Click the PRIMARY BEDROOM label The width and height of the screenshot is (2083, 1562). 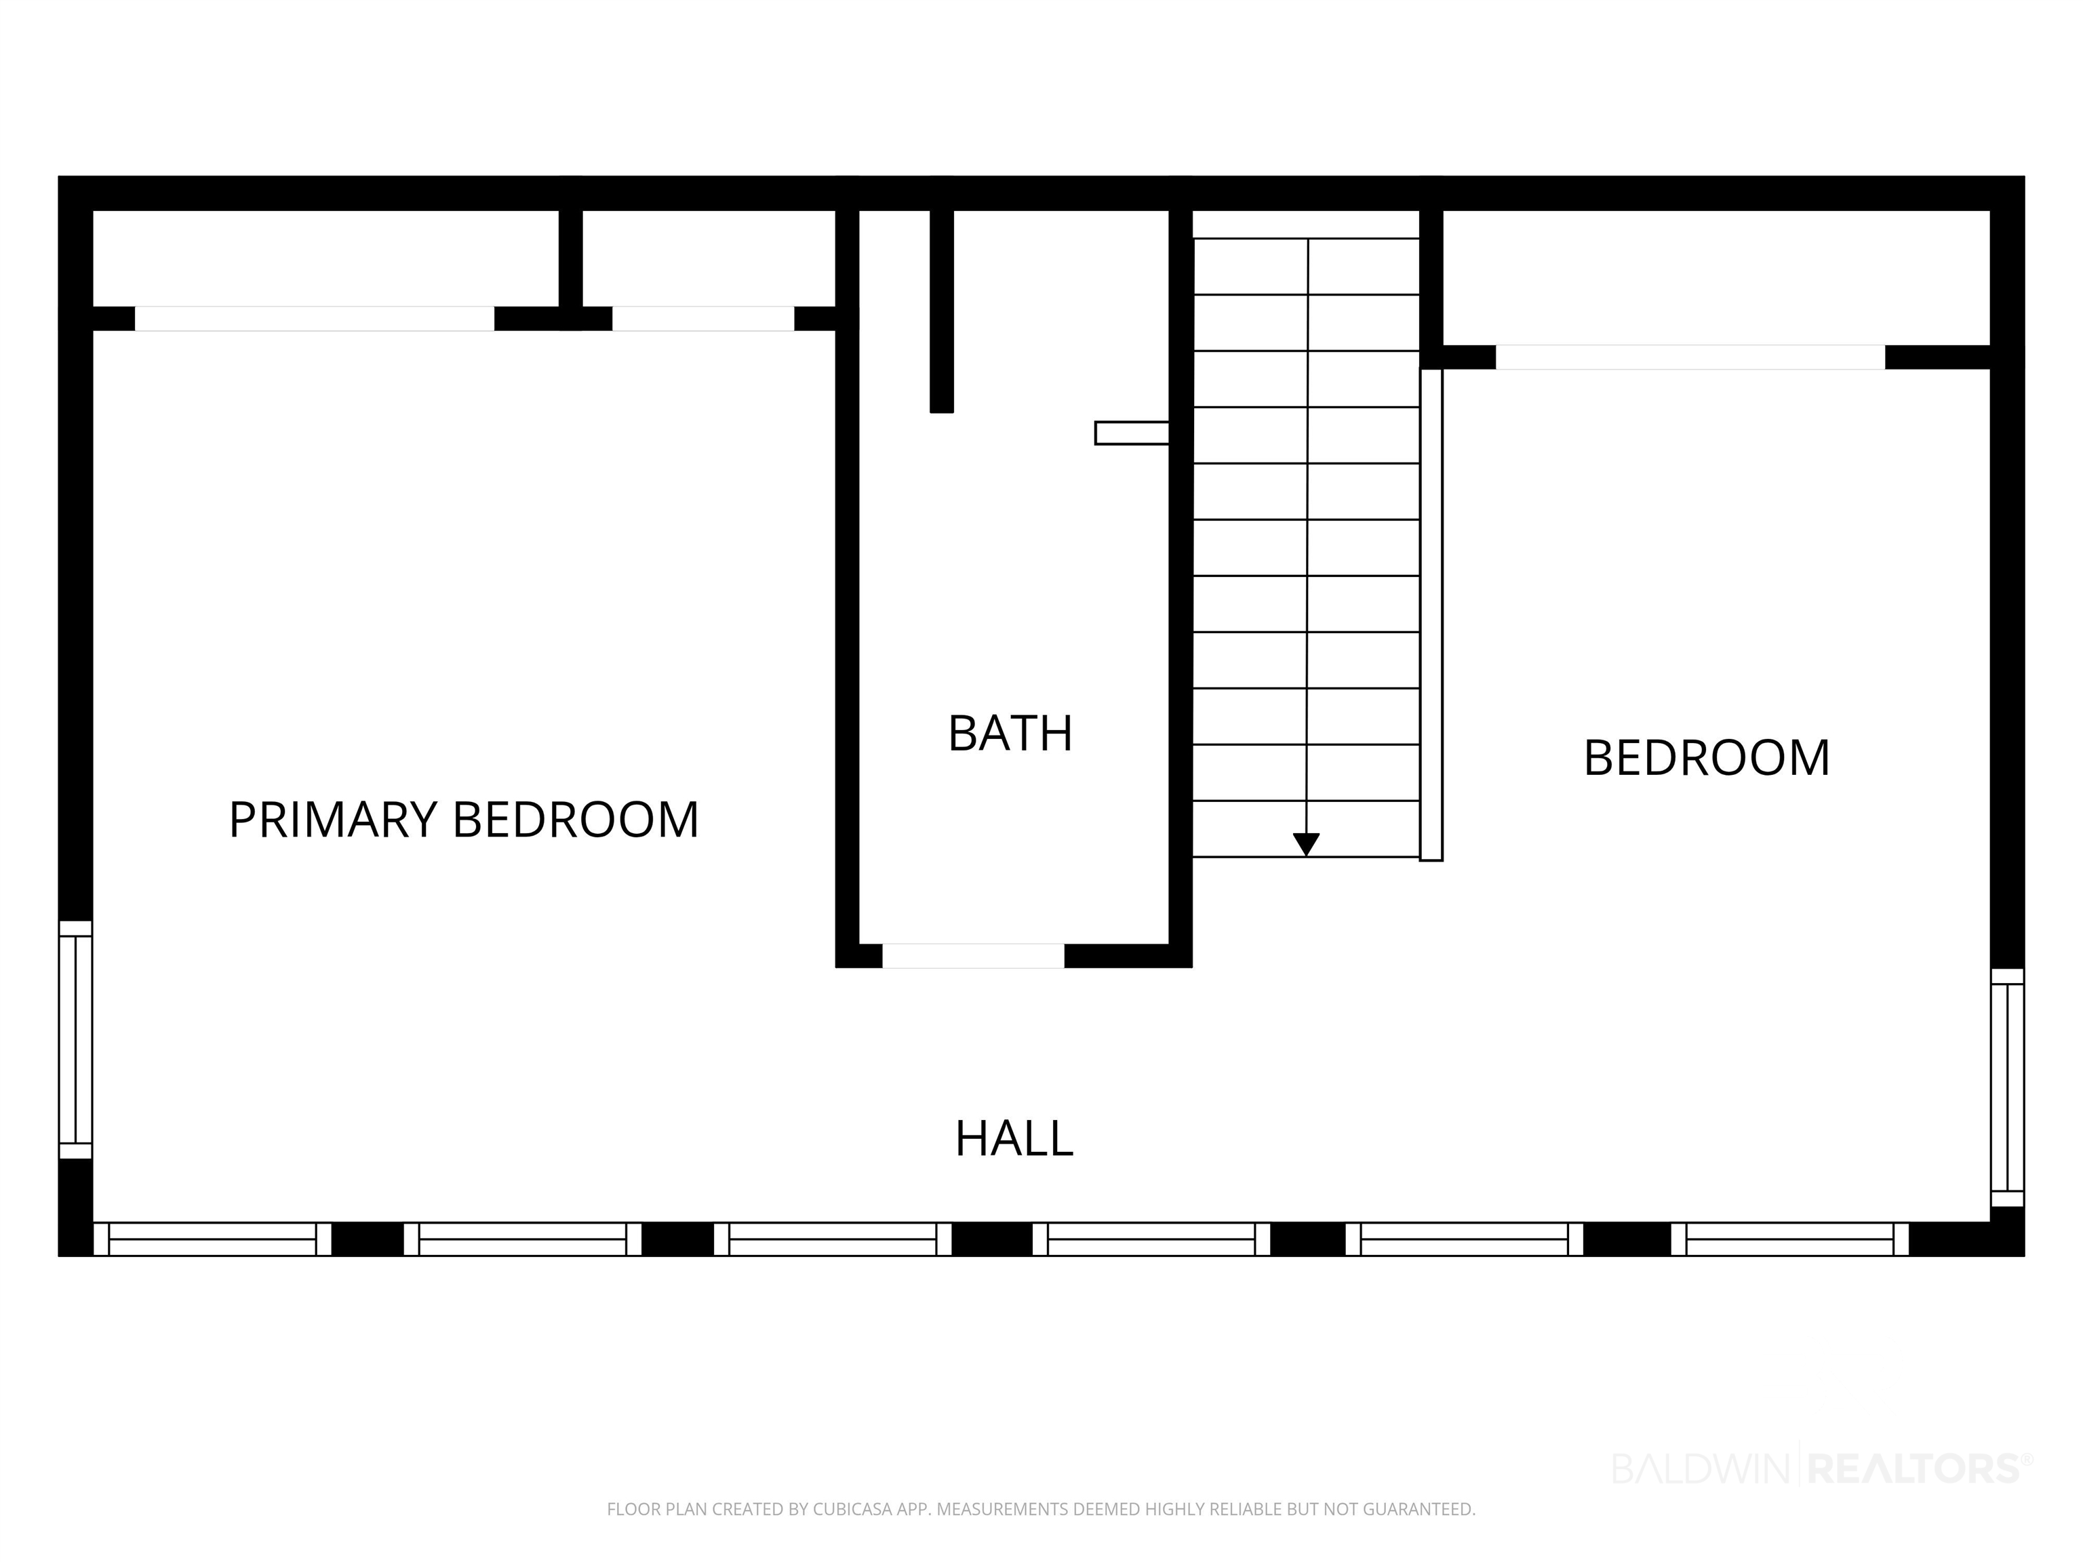pyautogui.click(x=463, y=819)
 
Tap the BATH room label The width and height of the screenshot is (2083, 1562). pyautogui.click(x=1010, y=734)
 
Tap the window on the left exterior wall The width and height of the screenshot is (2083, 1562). pyautogui.click(x=75, y=1039)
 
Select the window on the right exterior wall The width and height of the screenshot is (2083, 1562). pyautogui.click(x=2007, y=1087)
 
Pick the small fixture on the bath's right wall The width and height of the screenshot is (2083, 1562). pyautogui.click(x=1132, y=433)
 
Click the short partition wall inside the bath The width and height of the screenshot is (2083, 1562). pyautogui.click(x=942, y=311)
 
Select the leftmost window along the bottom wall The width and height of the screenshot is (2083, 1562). pyautogui.click(x=213, y=1239)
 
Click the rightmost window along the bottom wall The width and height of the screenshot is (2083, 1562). pyautogui.click(x=1790, y=1239)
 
